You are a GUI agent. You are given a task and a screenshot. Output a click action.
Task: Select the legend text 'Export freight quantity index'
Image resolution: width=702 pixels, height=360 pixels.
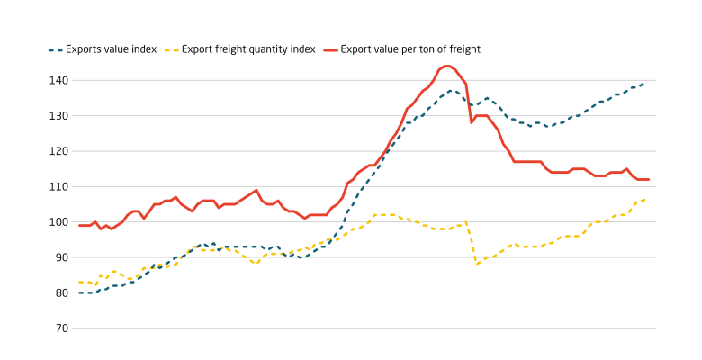click(x=248, y=49)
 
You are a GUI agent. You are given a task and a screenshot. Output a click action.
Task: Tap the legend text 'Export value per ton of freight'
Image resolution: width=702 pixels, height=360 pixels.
click(x=411, y=49)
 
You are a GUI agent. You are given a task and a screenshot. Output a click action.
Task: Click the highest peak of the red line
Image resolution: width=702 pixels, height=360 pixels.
click(x=445, y=66)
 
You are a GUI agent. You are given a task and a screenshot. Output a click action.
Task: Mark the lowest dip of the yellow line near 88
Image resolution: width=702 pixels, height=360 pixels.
click(x=477, y=264)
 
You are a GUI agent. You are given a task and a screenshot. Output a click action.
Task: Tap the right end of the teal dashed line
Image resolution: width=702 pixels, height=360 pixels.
click(x=644, y=83)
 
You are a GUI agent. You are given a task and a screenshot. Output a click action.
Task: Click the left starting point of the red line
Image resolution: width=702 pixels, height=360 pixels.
click(x=79, y=225)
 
